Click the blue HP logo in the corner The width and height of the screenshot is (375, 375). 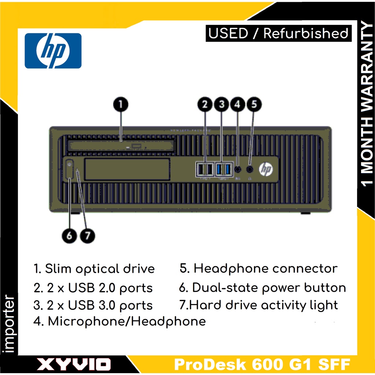coord(53,51)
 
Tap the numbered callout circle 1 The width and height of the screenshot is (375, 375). coord(120,104)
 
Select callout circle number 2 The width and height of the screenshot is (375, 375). coord(205,104)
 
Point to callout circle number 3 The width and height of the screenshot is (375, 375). coord(221,104)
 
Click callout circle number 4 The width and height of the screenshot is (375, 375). coord(237,104)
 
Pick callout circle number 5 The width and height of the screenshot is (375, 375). coord(254,104)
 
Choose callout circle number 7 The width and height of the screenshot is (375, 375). coord(87,235)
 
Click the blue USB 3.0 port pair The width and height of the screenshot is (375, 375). coord(223,169)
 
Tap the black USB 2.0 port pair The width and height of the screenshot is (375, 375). coord(205,169)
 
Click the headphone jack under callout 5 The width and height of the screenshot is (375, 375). coord(250,169)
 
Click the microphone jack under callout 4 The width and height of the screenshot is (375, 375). coord(238,169)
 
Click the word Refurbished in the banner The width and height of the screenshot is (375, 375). coord(306,33)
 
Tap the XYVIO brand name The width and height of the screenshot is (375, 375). coord(74,364)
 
